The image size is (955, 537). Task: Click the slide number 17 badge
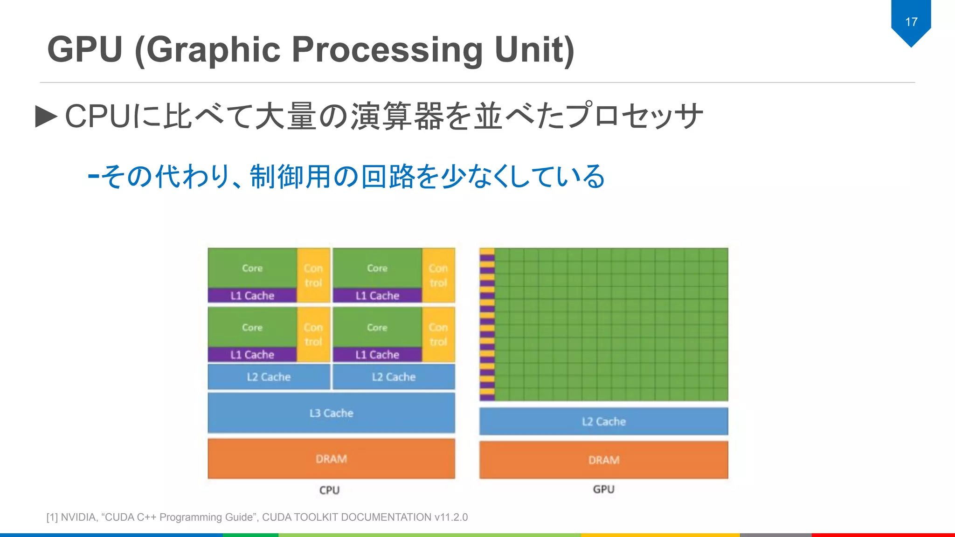click(911, 22)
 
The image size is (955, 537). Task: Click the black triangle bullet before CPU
click(46, 116)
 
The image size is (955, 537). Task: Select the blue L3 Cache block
click(331, 413)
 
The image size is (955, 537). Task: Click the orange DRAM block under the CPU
click(331, 459)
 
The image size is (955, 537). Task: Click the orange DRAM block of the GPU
click(603, 460)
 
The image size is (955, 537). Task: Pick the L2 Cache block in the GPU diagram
click(603, 421)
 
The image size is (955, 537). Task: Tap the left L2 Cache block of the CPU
click(269, 377)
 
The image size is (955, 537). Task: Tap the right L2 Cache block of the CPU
click(394, 377)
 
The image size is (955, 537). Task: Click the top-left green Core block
click(252, 268)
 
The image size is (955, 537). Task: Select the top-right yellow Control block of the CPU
click(438, 275)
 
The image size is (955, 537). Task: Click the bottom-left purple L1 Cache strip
click(252, 355)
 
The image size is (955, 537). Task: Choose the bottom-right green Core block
click(377, 327)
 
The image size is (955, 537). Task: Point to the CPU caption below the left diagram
click(329, 490)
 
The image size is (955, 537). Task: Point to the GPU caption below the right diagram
click(603, 489)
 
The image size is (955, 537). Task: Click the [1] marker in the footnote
click(52, 517)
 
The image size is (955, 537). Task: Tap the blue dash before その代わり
click(93, 176)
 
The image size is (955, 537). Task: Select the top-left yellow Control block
click(313, 275)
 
